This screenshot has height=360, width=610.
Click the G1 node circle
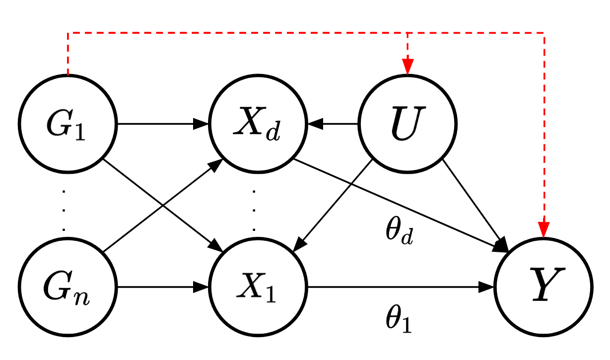(68, 123)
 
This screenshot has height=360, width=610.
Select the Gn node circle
(68, 287)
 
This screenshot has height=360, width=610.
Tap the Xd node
(258, 123)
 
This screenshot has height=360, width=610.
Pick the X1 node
(258, 287)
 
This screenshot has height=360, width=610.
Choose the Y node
(543, 287)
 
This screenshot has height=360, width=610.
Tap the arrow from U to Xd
(333, 123)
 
